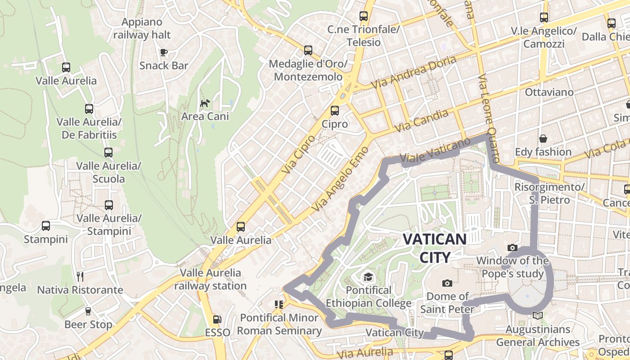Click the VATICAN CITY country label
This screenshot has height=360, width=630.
click(434, 248)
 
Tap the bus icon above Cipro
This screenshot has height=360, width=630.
click(334, 111)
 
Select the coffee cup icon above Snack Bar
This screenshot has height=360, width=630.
click(164, 52)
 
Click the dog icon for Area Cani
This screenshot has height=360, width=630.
click(205, 103)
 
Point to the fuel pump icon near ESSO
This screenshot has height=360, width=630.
click(217, 319)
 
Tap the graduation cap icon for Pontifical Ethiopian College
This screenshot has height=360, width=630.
click(369, 277)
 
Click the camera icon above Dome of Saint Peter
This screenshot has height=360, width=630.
click(447, 283)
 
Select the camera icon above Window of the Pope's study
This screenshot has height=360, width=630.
click(512, 247)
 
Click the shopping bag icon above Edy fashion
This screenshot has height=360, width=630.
click(543, 139)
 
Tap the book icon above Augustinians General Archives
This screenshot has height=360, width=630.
click(538, 315)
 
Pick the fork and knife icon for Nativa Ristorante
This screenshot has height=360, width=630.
click(80, 276)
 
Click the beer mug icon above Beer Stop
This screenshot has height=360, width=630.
click(88, 311)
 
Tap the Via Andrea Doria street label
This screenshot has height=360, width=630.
click(414, 72)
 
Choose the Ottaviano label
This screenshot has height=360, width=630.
click(549, 92)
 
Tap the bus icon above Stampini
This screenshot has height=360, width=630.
click(45, 226)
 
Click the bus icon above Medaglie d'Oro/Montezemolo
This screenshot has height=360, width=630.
click(308, 50)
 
